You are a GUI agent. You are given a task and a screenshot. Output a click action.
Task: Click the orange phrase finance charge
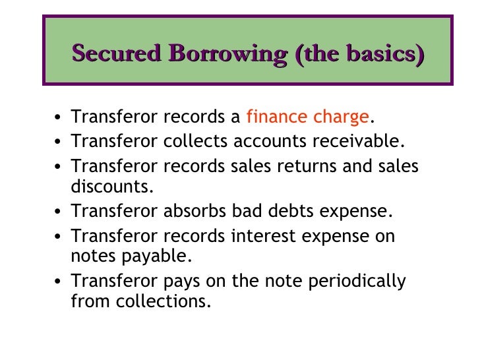pyautogui.click(x=307, y=117)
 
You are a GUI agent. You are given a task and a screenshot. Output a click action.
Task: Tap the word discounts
pyautogui.click(x=111, y=186)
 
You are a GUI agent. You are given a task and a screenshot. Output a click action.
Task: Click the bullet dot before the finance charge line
pyautogui.click(x=59, y=119)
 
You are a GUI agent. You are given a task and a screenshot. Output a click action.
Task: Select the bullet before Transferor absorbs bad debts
pyautogui.click(x=59, y=212)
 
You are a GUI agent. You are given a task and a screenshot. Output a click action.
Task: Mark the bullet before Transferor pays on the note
pyautogui.click(x=59, y=282)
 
